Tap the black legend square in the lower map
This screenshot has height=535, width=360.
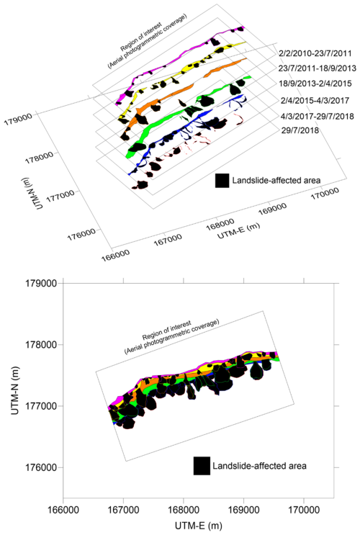202,466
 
